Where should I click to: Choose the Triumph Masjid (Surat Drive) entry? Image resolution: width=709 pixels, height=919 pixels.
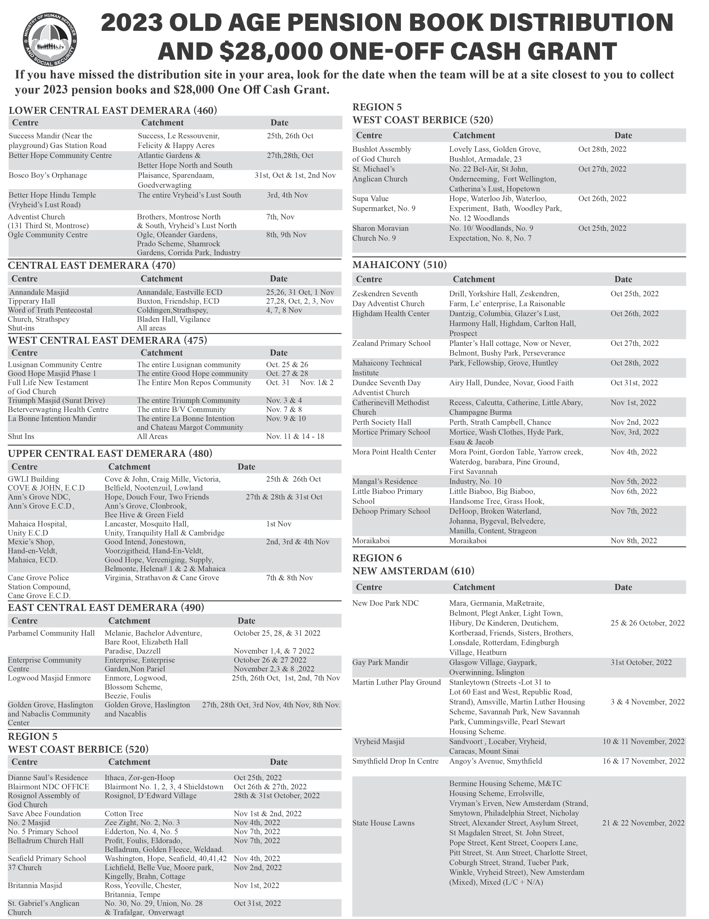point(56,401)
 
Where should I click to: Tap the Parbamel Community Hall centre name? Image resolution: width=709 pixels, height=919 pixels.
point(51,633)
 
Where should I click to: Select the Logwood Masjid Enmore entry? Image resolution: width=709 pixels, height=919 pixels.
point(49,678)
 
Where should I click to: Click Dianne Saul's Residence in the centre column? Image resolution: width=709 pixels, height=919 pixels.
point(48,778)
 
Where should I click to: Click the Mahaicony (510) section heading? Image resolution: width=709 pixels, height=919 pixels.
point(400,265)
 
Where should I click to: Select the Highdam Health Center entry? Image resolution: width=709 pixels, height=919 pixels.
point(391,314)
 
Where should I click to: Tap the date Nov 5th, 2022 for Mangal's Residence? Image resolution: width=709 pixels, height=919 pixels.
point(634,481)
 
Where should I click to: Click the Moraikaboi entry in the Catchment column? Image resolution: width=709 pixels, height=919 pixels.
point(468,541)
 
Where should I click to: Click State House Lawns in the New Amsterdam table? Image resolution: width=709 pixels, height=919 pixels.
point(383,823)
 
